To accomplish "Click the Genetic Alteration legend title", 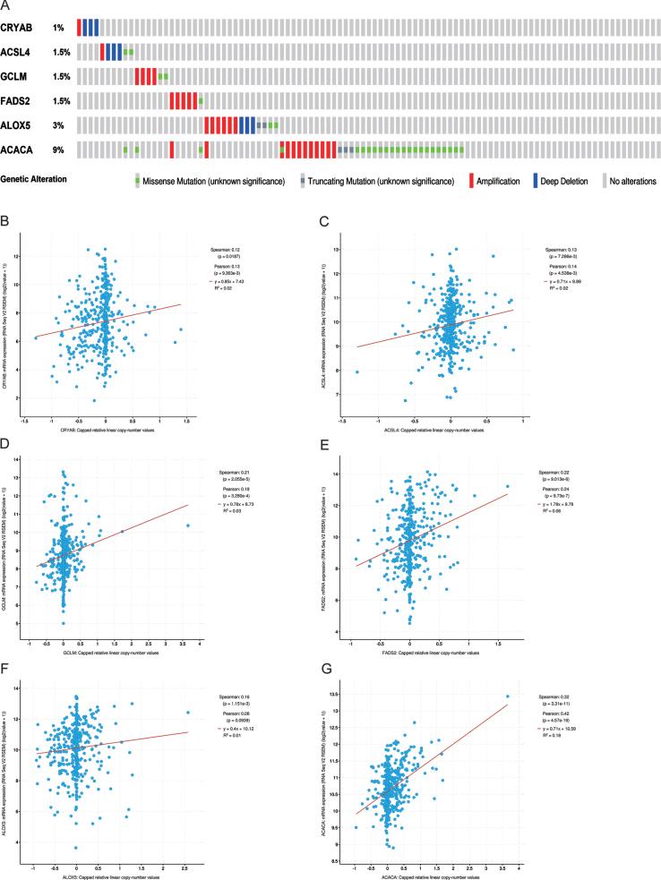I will (x=35, y=179).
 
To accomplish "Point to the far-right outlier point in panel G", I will (x=506, y=696).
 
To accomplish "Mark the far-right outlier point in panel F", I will (x=188, y=713).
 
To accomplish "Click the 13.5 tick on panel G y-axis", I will (x=352, y=696).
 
